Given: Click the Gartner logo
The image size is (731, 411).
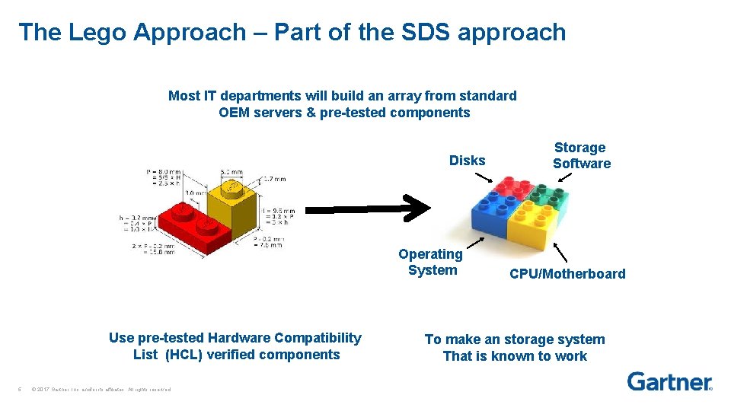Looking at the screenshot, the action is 669,381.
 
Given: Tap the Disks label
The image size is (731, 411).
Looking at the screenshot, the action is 467,161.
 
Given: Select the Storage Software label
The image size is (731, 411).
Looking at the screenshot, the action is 581,155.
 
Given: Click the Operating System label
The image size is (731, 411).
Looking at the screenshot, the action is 431,262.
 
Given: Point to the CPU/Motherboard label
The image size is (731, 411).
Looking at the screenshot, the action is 567,274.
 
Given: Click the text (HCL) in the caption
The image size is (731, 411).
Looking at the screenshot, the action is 183,355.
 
